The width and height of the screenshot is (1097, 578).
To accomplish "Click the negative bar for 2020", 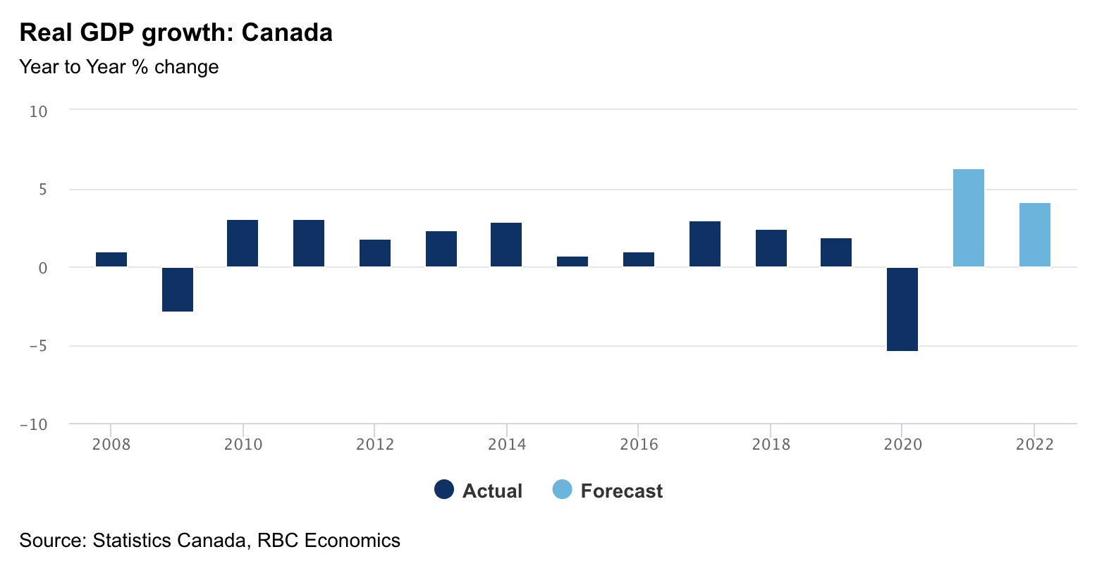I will coord(902,309).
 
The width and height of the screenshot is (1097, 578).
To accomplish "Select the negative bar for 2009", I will coord(178,289).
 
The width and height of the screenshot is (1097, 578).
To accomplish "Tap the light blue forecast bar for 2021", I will coord(968,218).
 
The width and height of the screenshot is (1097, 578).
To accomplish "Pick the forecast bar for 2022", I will coord(1034,235).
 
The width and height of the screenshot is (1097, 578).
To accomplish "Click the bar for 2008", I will coord(111,259).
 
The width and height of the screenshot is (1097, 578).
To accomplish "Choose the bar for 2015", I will coord(572,262).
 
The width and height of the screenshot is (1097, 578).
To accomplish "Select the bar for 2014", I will coord(506,245).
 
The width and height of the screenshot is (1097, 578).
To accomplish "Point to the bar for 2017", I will coord(705,244).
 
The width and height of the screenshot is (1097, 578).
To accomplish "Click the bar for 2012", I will coord(375,253).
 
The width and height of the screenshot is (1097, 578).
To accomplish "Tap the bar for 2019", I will coord(836,252).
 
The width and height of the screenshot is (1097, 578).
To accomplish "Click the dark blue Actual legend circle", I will coord(444,490).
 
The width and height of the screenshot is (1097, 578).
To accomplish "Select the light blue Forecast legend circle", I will coord(562,490).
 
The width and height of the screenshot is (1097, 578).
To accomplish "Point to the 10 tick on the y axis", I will coord(39,111).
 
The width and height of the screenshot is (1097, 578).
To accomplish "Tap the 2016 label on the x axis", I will coord(639,444).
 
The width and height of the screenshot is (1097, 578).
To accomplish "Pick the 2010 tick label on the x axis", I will coord(243,444).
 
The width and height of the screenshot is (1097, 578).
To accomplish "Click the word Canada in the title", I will coord(287,33).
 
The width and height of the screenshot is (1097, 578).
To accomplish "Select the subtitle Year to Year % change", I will coord(119,67).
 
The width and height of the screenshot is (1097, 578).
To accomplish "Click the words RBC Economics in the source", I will coord(329,541).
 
